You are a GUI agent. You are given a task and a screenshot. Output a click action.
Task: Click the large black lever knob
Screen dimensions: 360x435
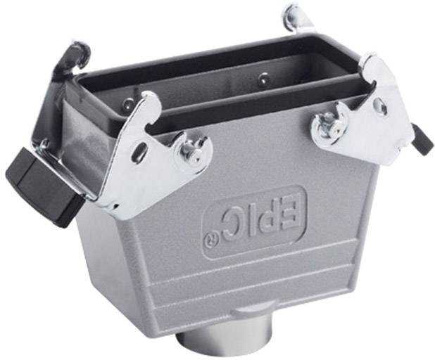pos(39,179)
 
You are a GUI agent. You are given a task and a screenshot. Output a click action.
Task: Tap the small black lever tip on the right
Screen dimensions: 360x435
pos(422,138)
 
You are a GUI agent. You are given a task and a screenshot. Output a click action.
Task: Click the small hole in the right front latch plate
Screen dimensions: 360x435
pos(380,106)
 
